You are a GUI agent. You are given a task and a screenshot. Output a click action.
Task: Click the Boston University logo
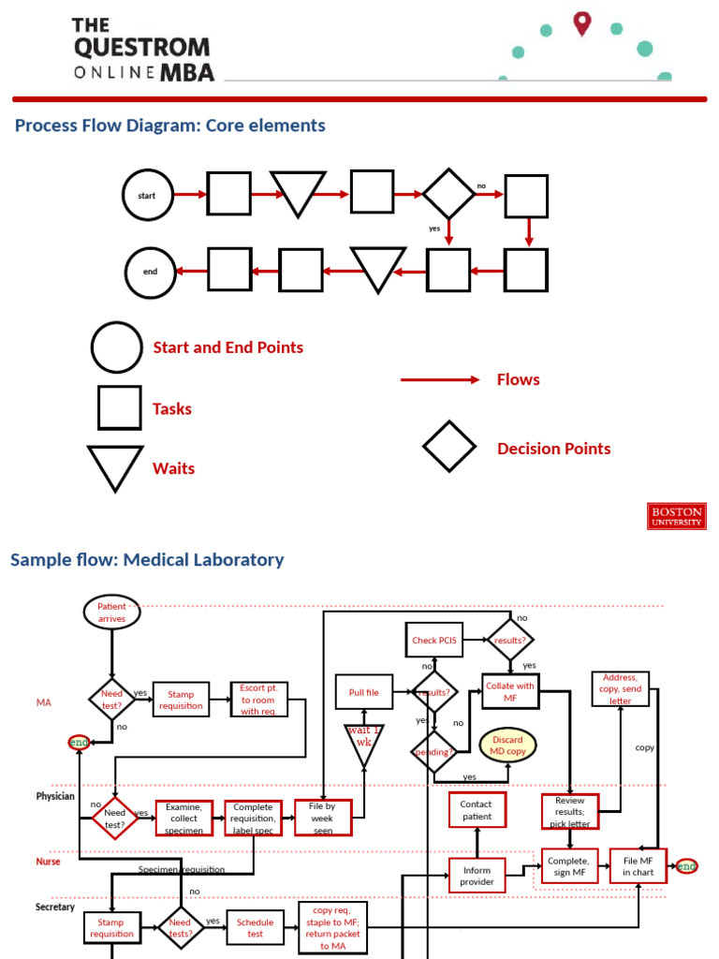(676, 516)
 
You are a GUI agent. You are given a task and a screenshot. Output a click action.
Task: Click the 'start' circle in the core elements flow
(148, 195)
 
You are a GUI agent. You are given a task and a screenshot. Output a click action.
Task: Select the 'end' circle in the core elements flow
(151, 273)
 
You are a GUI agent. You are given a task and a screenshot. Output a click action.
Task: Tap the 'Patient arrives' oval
(111, 612)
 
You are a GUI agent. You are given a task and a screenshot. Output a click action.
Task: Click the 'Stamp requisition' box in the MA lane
(181, 700)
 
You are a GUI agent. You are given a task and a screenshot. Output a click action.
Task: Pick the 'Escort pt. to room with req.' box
(259, 700)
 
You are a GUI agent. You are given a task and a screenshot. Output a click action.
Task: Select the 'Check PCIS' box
(433, 641)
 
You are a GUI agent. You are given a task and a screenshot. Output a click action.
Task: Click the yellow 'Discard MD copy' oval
(508, 745)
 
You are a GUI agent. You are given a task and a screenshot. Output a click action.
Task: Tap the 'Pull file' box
(364, 692)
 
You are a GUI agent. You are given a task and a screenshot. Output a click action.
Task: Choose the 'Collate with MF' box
(510, 692)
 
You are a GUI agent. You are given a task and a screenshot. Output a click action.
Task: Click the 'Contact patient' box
(477, 810)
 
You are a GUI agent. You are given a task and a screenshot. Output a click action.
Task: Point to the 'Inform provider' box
(477, 876)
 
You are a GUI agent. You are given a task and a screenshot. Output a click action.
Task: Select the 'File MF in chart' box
(638, 866)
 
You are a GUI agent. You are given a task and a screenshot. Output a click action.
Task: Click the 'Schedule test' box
(256, 927)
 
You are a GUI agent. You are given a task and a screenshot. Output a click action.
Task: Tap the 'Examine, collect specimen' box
(183, 818)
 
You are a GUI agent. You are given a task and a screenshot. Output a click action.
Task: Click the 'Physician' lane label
(55, 796)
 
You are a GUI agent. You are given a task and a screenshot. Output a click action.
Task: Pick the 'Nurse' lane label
(48, 861)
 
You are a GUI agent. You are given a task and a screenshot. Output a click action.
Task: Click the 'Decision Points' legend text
(553, 449)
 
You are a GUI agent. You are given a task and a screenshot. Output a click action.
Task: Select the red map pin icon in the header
(582, 23)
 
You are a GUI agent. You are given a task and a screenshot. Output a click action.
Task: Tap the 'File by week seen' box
(323, 818)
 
